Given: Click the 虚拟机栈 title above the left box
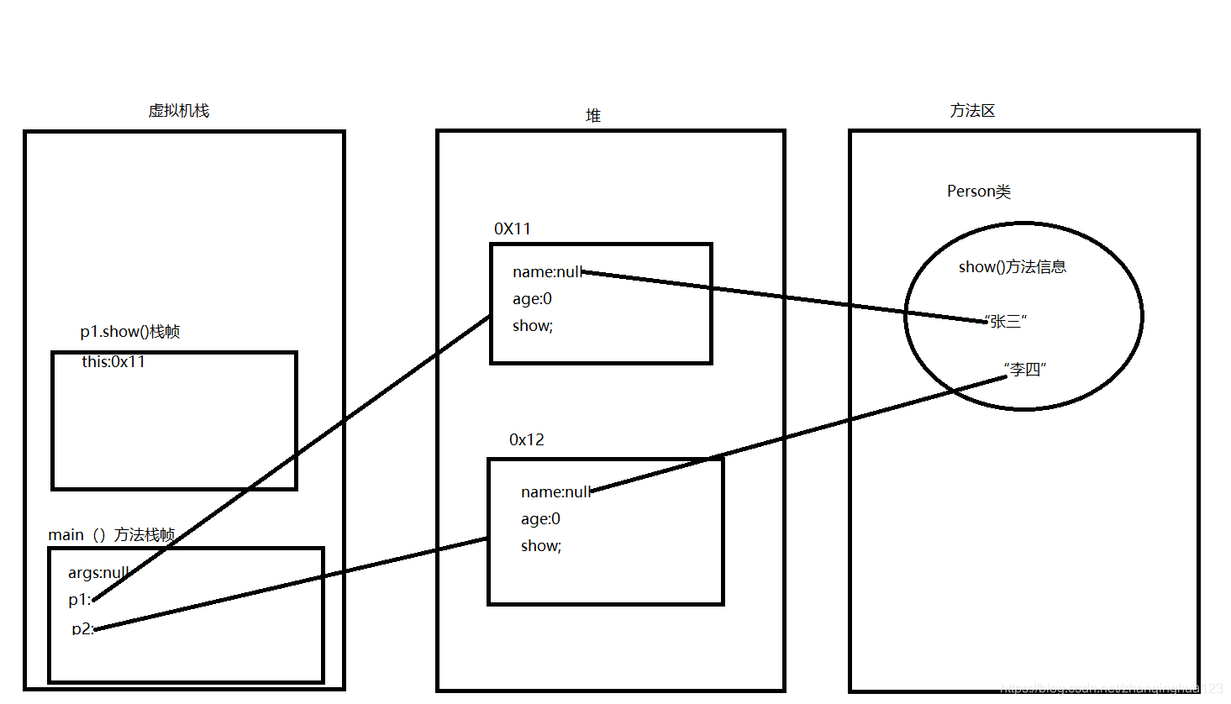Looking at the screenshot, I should point(178,111).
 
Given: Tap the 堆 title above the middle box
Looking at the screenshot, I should point(593,116).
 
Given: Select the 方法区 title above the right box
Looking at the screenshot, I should point(972,111).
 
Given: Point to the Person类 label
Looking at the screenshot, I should point(978,192).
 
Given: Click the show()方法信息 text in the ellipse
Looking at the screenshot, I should point(1012,267).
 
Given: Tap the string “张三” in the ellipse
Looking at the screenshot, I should point(1005,321).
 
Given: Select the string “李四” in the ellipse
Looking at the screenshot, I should point(1024,369).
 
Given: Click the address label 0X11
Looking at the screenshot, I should point(513,229).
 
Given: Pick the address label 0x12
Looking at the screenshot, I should point(527,439).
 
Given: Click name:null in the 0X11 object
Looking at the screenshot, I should point(547,272).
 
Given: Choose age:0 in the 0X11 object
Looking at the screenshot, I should point(532,299).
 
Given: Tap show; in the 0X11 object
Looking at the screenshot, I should point(533,326).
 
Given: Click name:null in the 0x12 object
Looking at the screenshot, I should point(555,492).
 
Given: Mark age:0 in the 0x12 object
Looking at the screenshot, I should point(540,519).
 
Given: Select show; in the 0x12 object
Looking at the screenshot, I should point(541,546).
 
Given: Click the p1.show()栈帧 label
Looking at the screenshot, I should point(130,332).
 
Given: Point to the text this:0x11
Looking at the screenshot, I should point(113,362).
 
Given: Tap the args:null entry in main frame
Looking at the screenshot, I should point(98,573).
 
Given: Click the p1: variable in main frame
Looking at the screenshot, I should point(80,600).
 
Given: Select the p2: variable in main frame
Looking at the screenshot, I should point(82,628).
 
